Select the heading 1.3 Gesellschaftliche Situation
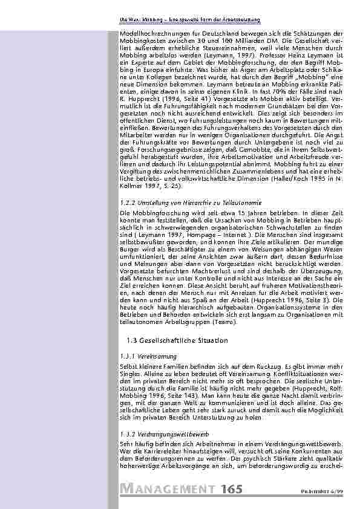pyautogui.click(x=174, y=341)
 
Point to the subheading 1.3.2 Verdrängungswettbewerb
pyautogui.click(x=156, y=434)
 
